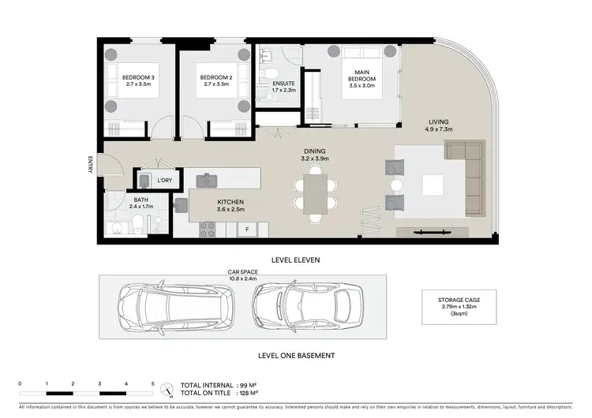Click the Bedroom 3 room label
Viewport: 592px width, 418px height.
click(139, 79)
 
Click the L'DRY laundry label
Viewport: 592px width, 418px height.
click(164, 181)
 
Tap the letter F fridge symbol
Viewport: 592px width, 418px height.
click(247, 230)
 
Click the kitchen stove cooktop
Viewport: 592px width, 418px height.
click(207, 230)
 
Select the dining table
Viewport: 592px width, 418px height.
click(315, 194)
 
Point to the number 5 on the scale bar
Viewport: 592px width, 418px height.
click(153, 383)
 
